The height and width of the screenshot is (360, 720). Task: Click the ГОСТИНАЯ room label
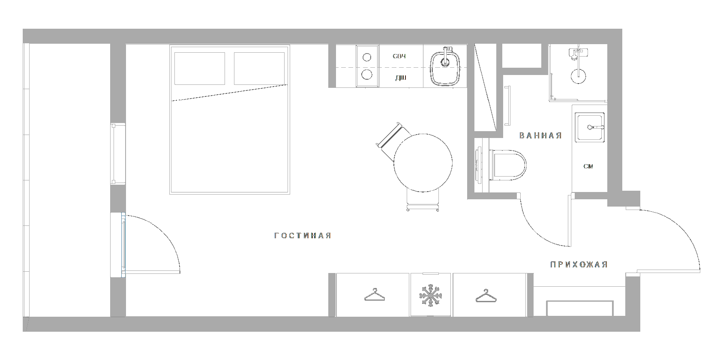tap(303, 236)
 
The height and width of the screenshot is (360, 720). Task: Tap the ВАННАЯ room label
tap(540, 136)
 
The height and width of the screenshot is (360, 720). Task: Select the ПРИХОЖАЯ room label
tap(579, 265)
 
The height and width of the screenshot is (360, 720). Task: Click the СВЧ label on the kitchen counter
tap(399, 57)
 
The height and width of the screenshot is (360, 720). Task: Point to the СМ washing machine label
tap(588, 166)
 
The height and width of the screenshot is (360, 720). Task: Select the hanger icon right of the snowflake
tap(485, 296)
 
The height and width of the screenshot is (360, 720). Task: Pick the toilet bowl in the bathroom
tap(509, 165)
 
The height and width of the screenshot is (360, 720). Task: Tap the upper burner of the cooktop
tap(367, 57)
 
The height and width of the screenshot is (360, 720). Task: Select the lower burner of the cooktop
tap(367, 75)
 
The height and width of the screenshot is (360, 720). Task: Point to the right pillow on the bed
tap(259, 69)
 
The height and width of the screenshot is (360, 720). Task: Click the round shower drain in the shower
tap(578, 77)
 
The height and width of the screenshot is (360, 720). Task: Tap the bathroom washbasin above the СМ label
tap(590, 127)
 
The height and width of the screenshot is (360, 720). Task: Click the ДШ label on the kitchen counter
tap(400, 78)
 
